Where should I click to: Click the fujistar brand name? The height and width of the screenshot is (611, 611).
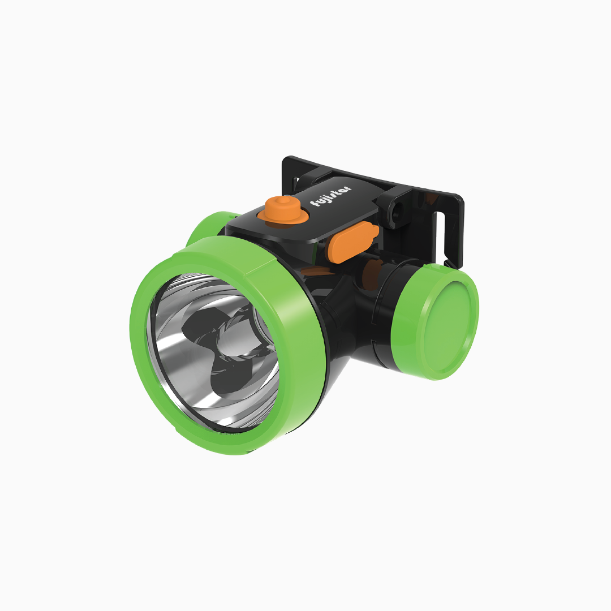point(330,196)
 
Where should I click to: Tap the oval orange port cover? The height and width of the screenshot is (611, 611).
point(354,241)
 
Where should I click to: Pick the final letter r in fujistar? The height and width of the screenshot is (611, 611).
point(348,188)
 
